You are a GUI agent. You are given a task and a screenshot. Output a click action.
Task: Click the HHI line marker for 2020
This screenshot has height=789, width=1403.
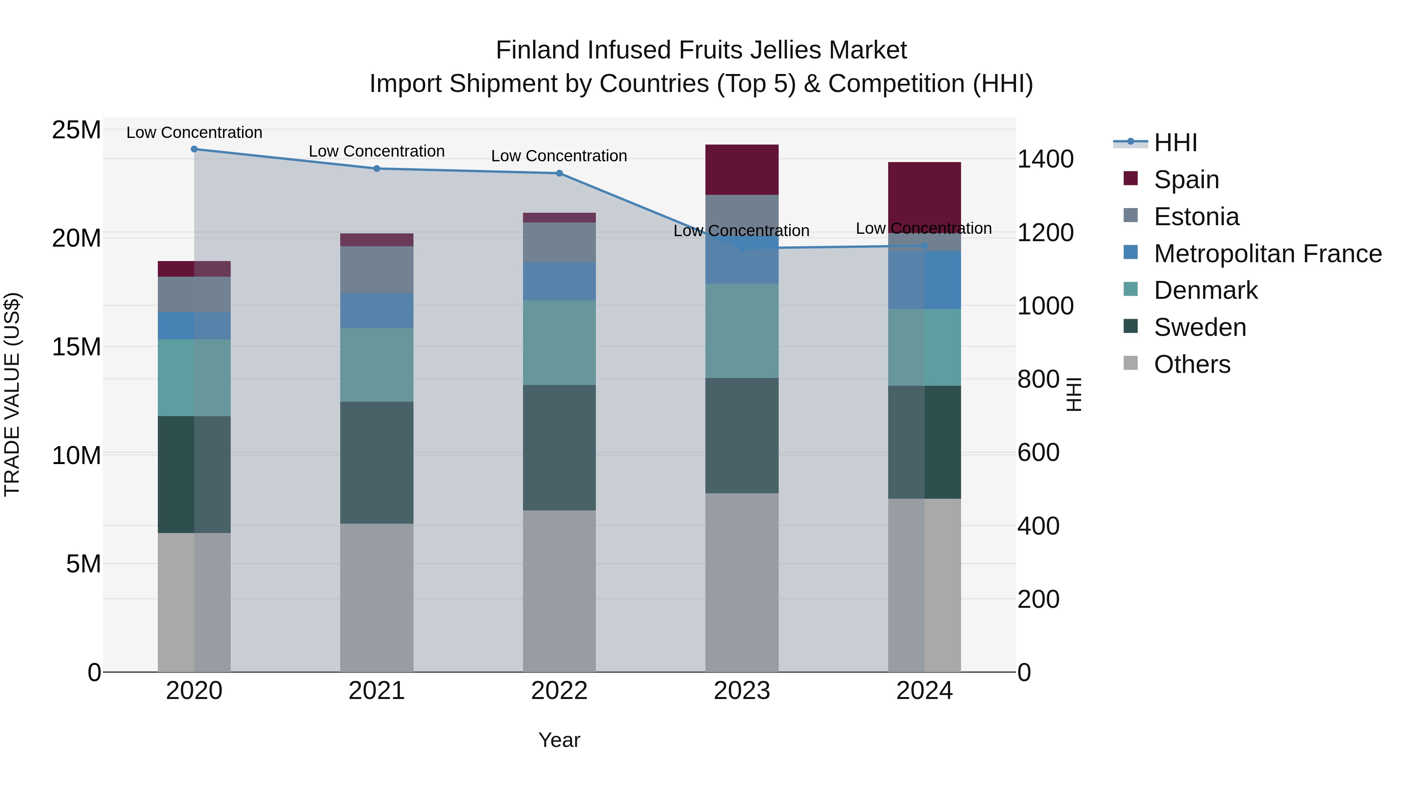[194, 149]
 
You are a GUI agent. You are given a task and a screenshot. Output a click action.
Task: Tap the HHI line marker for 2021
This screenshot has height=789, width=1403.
[376, 169]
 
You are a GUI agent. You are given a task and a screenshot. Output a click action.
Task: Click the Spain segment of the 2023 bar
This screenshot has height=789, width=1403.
[741, 170]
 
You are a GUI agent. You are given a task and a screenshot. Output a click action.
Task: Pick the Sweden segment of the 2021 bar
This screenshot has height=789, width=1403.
[376, 463]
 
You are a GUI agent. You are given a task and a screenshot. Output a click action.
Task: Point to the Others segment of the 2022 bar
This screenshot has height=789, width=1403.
[559, 591]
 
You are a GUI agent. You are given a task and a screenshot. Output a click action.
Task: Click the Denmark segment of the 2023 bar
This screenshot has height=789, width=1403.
[741, 330]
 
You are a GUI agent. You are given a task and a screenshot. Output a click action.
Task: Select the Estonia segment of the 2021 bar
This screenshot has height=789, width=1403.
[376, 270]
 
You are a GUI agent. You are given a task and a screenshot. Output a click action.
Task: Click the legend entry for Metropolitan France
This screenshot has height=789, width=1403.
[1267, 254]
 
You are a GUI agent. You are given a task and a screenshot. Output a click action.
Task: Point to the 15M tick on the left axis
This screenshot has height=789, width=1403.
[76, 347]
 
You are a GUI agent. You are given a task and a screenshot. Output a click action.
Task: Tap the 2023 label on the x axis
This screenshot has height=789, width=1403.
[741, 691]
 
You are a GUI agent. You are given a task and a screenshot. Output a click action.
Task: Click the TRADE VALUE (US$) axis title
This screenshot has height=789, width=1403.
[12, 394]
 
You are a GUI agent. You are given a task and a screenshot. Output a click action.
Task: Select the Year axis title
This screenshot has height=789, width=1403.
[559, 740]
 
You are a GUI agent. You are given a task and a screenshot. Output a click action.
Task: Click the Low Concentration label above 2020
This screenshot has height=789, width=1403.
[194, 132]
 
